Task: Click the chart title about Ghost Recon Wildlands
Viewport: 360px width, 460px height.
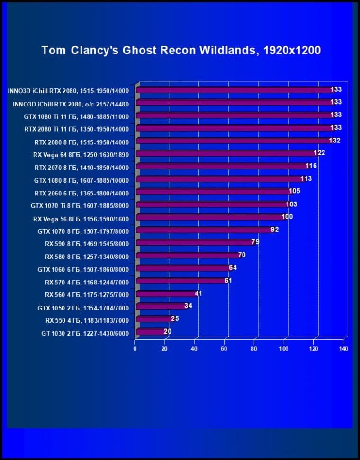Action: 181,50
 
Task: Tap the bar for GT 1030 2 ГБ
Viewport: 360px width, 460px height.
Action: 150,332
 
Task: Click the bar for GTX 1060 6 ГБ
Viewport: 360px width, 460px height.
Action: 183,269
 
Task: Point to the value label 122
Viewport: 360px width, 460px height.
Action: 319,153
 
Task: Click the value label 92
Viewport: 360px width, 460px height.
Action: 274,230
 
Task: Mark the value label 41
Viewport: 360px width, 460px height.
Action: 198,294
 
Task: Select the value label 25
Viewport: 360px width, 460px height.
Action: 175,319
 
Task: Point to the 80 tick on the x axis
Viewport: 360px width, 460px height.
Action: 254,349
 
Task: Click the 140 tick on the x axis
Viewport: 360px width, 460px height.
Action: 343,349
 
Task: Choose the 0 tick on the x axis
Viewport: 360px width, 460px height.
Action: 135,349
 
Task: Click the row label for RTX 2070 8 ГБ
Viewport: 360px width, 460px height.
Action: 81,167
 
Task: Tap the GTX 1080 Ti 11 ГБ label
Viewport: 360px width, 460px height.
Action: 76,116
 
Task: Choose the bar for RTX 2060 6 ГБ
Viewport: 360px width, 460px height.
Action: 214,192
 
